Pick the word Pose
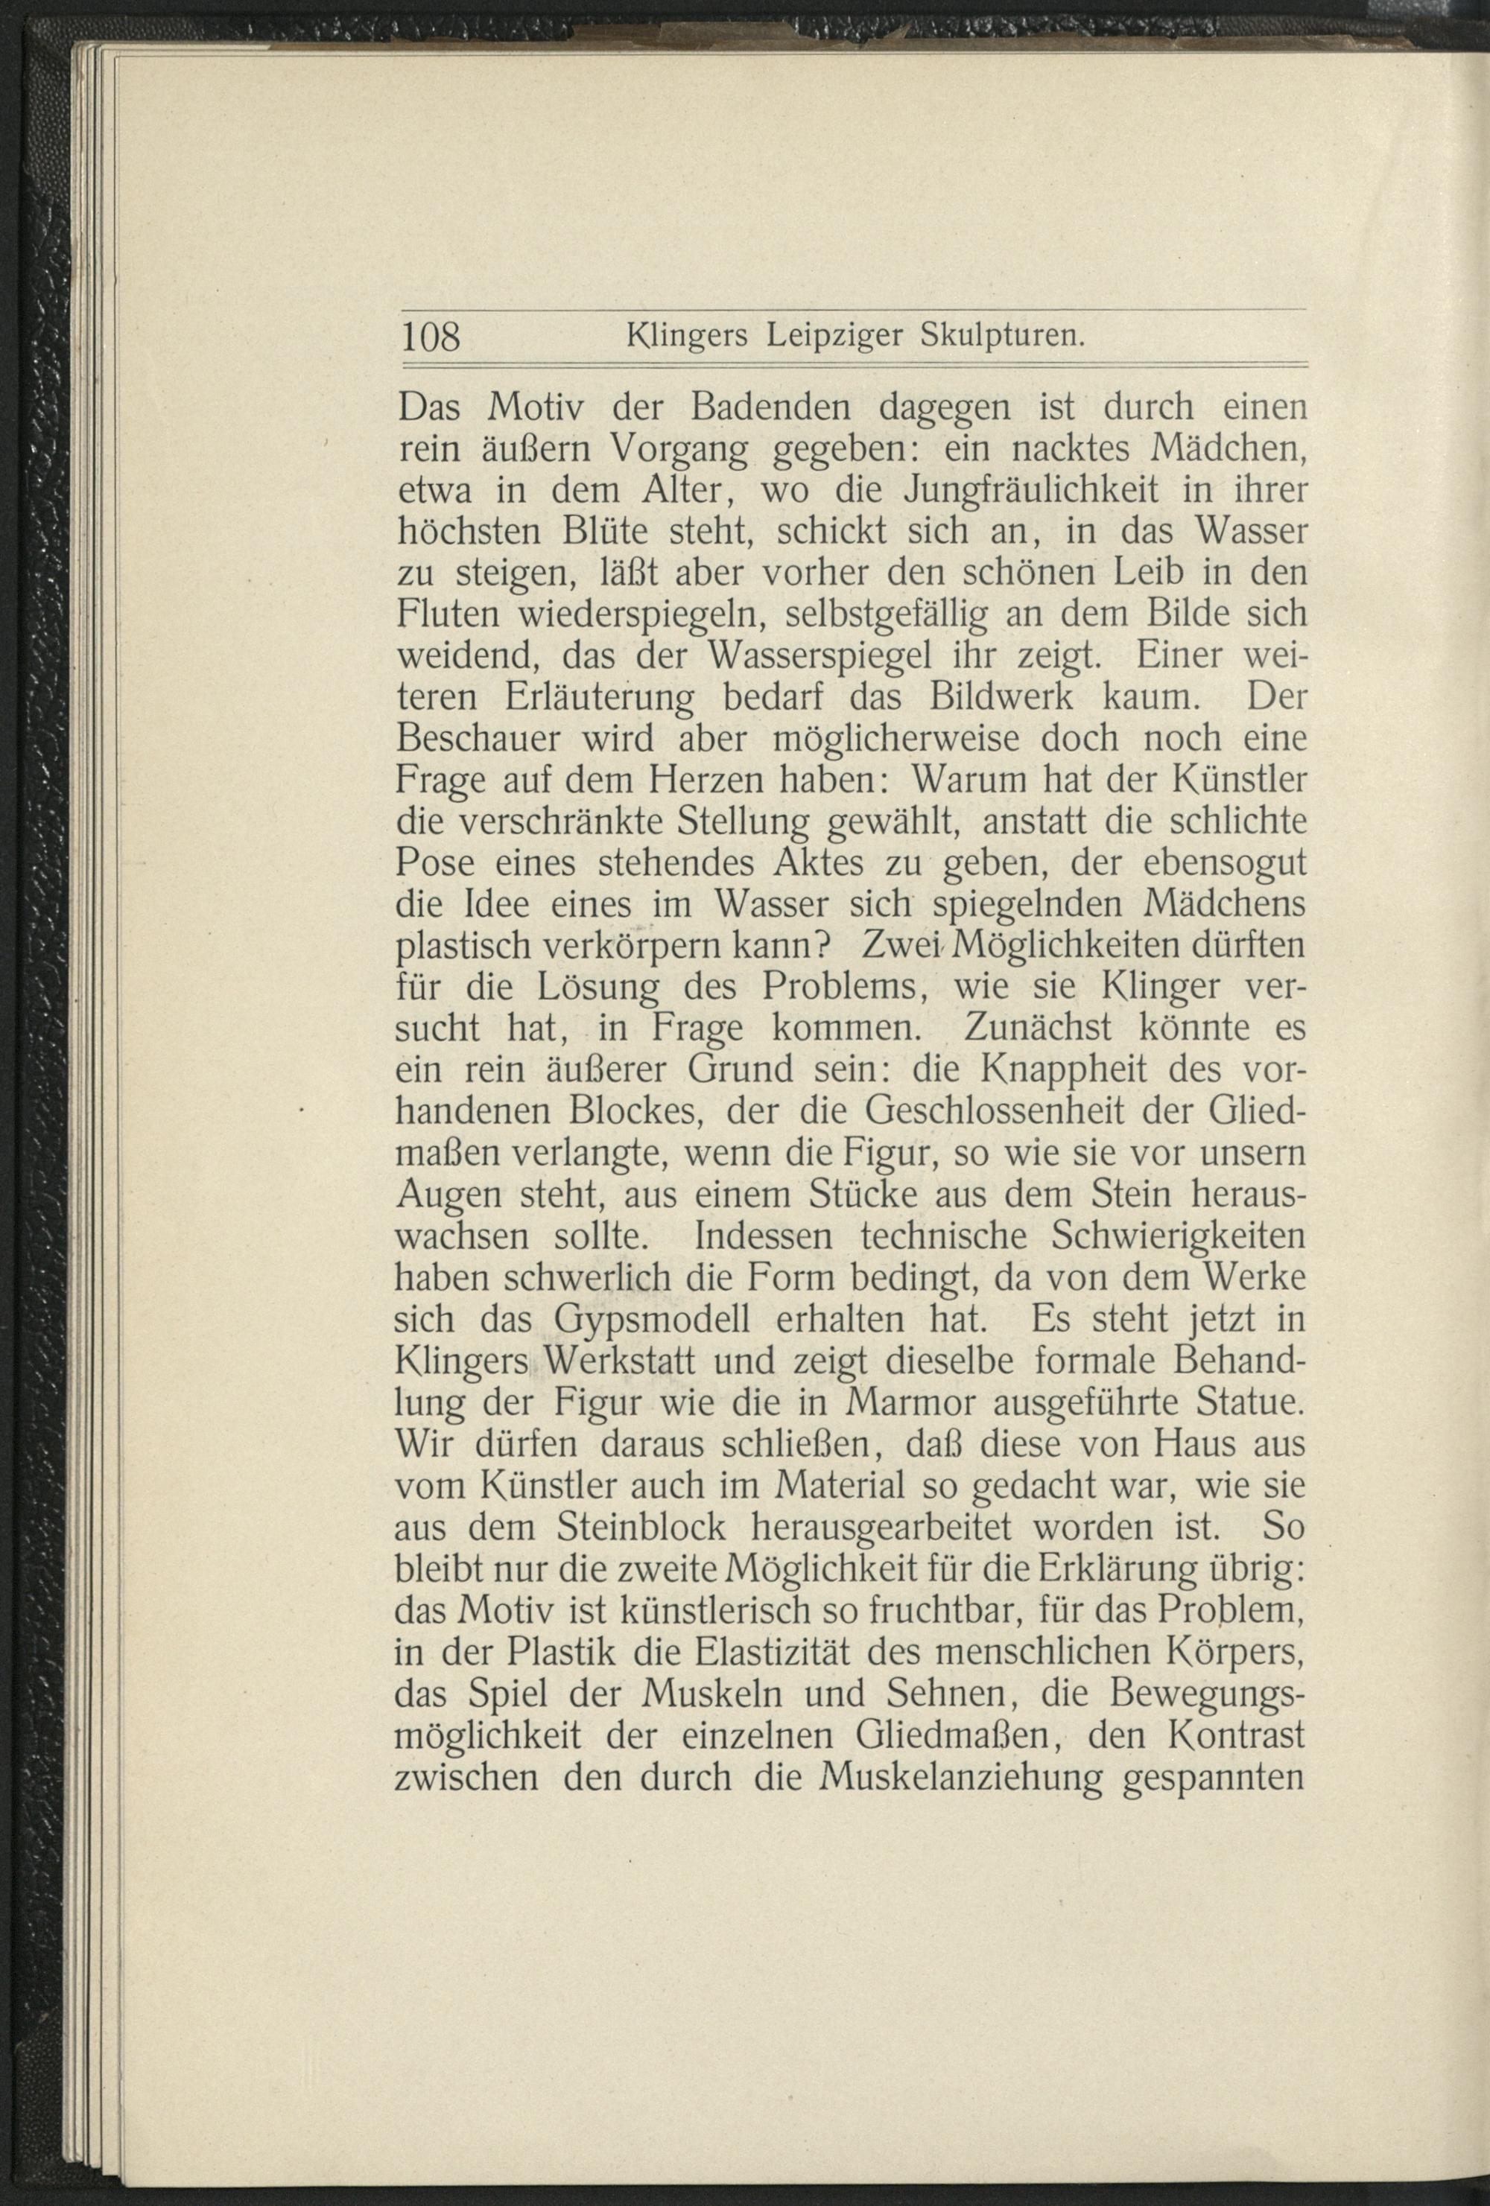click(x=434, y=864)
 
